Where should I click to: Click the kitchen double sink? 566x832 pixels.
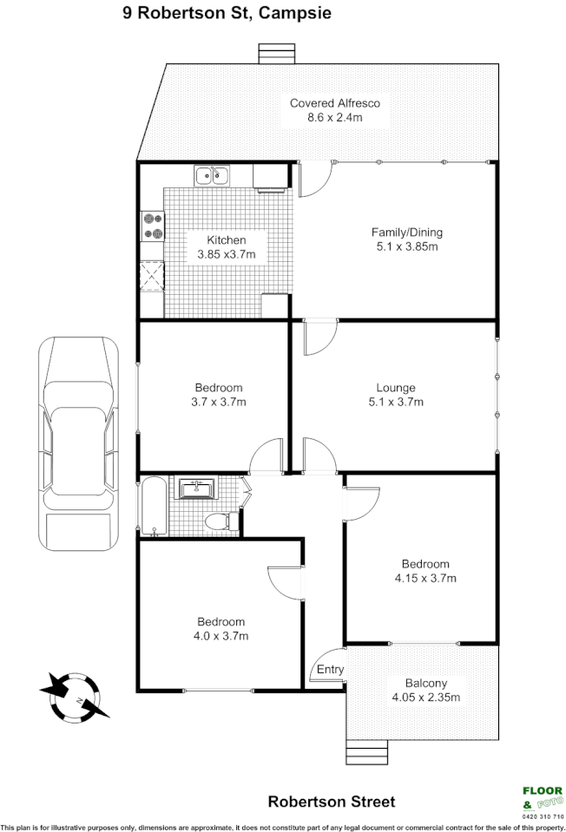tap(211, 177)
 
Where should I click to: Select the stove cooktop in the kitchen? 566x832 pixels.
tap(154, 226)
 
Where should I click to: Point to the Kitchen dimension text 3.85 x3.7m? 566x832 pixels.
tap(226, 255)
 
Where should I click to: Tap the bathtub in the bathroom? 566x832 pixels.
tap(153, 505)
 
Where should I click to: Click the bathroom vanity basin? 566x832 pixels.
tap(199, 490)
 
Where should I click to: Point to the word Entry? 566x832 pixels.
tap(330, 669)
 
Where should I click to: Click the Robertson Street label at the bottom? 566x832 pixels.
tap(331, 802)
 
